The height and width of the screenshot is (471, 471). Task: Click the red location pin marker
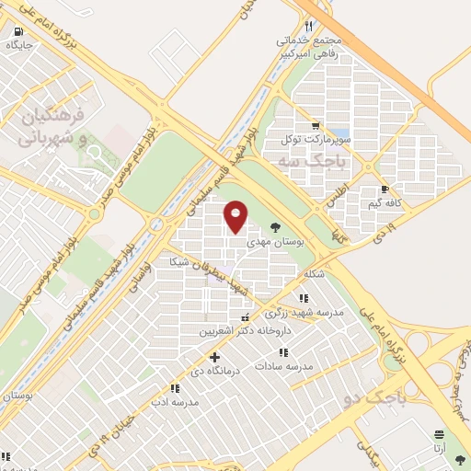(x=236, y=217)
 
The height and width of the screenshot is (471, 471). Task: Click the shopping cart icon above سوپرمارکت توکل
(x=316, y=126)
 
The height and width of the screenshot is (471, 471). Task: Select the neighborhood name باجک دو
(x=372, y=398)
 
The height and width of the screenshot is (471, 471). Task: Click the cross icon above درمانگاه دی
(x=214, y=357)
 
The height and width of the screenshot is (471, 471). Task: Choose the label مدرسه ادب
(x=179, y=403)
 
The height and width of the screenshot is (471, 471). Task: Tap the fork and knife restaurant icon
(x=308, y=27)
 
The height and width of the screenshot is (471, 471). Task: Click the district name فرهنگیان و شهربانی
(x=54, y=127)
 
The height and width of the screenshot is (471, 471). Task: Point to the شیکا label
(x=178, y=261)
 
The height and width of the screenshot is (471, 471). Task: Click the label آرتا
(x=440, y=449)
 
